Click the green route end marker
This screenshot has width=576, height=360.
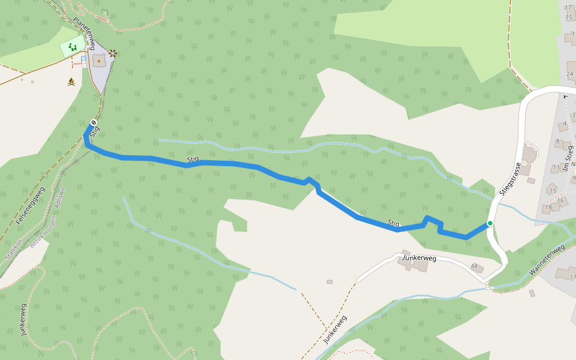[x=490, y=223]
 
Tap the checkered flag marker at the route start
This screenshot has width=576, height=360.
[x=94, y=122]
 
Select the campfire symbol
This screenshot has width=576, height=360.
[x=71, y=82]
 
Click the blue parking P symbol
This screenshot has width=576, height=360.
[x=83, y=59]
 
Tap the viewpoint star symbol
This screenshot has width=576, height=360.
[x=112, y=53]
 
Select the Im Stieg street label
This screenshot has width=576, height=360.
[x=569, y=157]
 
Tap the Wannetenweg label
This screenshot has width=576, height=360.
[x=547, y=260]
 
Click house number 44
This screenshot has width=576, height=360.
[x=475, y=266]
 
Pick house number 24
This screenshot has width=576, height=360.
[x=569, y=74]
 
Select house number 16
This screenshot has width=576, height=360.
[x=561, y=200]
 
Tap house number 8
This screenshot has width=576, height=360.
[x=559, y=142]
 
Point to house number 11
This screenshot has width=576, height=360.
[x=556, y=168]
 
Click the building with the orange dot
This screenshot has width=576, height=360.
[x=98, y=60]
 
